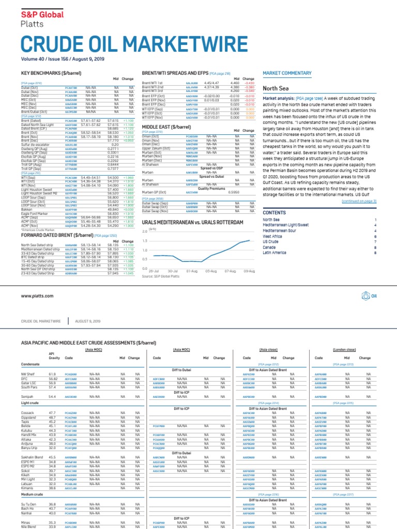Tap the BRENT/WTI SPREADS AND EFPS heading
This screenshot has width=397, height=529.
[x=175, y=73]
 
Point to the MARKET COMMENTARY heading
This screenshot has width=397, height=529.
[x=287, y=73]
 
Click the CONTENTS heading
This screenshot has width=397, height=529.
[x=274, y=212]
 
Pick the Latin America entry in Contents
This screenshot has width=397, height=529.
[x=274, y=253]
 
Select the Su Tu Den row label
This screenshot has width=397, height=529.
[x=29, y=504]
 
